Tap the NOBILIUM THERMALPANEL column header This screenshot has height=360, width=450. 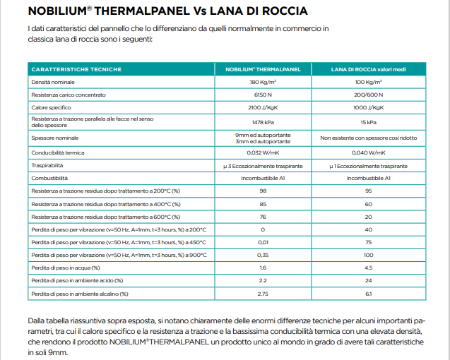(x=263, y=69)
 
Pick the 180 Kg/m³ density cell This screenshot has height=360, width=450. (x=263, y=83)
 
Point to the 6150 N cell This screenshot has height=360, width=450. (x=263, y=95)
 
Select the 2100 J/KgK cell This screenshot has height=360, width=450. (x=263, y=107)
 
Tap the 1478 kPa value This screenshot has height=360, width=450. (x=263, y=121)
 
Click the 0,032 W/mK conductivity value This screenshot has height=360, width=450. (x=263, y=152)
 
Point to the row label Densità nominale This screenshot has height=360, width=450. (x=53, y=83)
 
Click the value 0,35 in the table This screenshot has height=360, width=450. (x=263, y=254)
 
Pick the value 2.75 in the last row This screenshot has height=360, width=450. (x=263, y=293)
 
